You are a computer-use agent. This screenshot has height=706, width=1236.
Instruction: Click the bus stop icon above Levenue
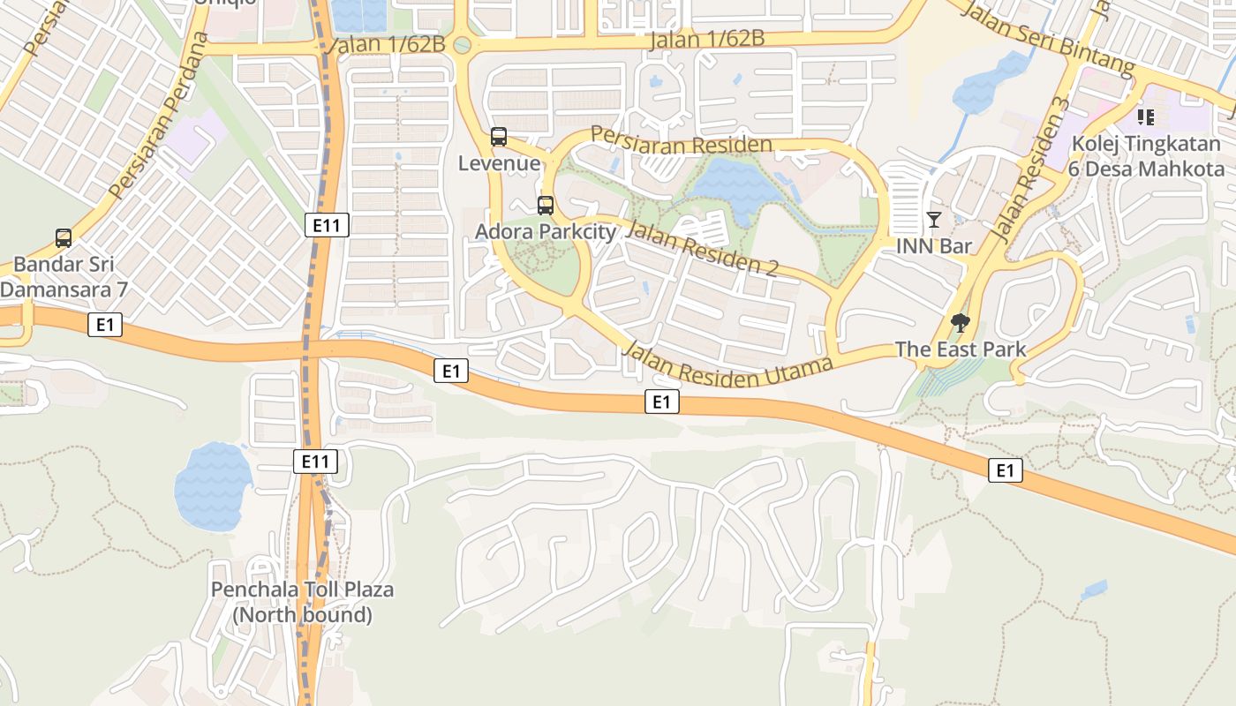click(x=499, y=137)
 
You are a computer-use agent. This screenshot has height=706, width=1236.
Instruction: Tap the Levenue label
click(x=499, y=163)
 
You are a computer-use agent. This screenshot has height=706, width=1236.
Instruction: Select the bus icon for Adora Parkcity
click(x=546, y=206)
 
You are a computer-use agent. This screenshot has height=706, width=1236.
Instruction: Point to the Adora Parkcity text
click(x=546, y=232)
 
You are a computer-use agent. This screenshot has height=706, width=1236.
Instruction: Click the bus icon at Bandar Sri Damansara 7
click(x=64, y=237)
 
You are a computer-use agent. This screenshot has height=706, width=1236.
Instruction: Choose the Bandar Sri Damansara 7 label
click(x=64, y=276)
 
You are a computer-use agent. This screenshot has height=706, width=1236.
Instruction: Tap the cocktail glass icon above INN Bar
click(x=934, y=220)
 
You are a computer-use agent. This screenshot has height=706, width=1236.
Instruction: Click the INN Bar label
click(x=934, y=246)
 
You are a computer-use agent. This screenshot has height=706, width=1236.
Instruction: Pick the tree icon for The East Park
click(x=961, y=323)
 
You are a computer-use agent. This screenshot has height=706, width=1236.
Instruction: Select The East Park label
click(x=961, y=349)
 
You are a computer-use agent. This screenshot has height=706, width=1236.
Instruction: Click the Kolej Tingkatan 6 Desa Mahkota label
click(x=1146, y=156)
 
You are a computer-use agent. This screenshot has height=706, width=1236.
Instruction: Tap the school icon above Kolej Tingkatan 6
click(x=1146, y=116)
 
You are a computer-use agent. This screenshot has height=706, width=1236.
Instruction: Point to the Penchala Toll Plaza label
click(x=302, y=602)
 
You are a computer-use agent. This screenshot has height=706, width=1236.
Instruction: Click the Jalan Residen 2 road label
click(x=701, y=249)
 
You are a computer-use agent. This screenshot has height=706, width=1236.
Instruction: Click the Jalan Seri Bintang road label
click(x=1047, y=37)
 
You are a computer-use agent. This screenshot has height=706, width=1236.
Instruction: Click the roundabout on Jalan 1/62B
click(x=462, y=45)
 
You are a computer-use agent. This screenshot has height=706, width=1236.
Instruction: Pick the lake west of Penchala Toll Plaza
click(x=213, y=486)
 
